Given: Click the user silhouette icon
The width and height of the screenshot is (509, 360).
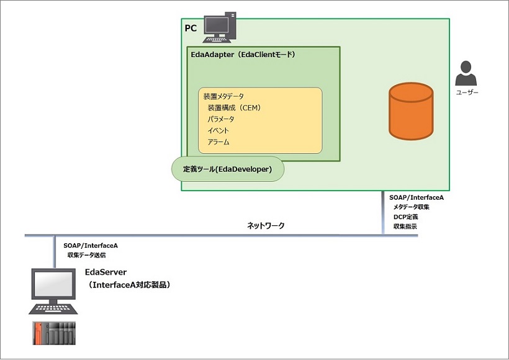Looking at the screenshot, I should tap(467, 74).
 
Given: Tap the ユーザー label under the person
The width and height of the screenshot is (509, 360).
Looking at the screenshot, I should tap(467, 92).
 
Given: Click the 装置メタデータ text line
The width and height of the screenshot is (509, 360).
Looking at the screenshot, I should tap(223, 96).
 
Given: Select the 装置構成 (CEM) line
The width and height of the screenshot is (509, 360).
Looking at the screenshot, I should tap(234, 107).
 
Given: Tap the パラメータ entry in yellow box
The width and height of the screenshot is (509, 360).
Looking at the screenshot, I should tap(221, 119).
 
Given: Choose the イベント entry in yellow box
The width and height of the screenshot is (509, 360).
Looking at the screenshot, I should tap(218, 130).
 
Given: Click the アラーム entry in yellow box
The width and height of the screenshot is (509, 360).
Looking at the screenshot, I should tap(218, 142).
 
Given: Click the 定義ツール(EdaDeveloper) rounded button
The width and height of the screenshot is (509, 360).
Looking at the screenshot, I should tap(227, 169).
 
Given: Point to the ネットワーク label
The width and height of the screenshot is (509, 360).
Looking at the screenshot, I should tap(266, 226).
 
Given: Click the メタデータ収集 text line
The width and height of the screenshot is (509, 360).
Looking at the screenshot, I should tap(412, 207).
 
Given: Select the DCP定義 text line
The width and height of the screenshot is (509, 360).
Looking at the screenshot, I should tap(406, 217).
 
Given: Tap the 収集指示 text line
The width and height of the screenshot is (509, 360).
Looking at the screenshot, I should tap(405, 227).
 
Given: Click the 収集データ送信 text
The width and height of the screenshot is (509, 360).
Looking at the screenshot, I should tap(86, 254).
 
